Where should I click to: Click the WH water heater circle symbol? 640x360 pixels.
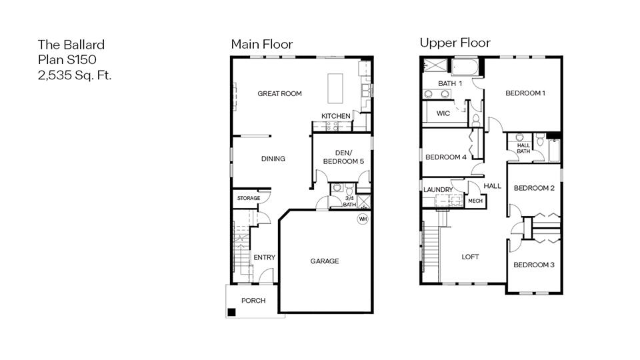coord(363,219)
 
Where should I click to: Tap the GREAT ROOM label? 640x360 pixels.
coord(279,94)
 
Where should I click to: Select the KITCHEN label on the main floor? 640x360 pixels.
coord(335,116)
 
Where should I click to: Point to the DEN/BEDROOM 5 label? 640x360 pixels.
coord(343,157)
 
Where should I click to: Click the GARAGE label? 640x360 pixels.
coord(324,261)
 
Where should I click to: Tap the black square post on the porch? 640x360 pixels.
coord(231,312)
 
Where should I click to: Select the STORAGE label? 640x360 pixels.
coord(248,199)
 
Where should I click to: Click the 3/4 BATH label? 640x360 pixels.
coord(349,201)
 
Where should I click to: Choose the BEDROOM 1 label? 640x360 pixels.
coord(525,93)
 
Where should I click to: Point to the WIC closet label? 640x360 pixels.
coord(443,113)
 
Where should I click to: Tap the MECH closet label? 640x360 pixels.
coord(475,201)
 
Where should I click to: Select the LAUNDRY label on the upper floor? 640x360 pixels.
coord(438,190)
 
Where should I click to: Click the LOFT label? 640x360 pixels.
coord(470,257)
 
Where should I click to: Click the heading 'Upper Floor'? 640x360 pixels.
coord(455,43)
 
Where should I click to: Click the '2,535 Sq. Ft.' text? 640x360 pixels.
coord(74,75)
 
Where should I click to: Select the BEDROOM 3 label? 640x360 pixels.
coord(533,265)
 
